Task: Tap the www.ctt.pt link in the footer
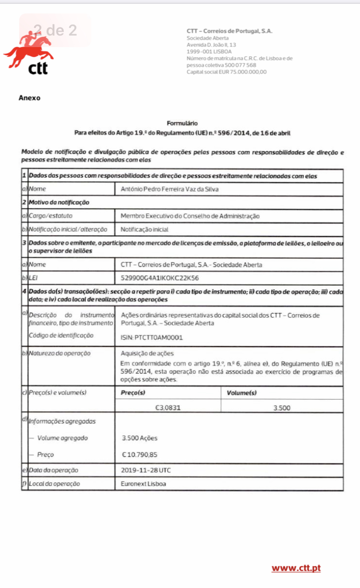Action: (x=296, y=568)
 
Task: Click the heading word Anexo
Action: (x=29, y=98)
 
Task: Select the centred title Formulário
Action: (x=182, y=123)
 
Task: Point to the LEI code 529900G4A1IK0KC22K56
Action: (x=160, y=278)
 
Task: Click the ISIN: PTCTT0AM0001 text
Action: (x=152, y=338)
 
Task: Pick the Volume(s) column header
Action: (x=241, y=393)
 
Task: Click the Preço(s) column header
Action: (x=133, y=393)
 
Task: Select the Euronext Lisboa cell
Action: (x=144, y=484)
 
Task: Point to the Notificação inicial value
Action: (x=144, y=230)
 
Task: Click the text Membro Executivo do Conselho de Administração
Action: (x=190, y=216)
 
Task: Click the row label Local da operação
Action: (x=54, y=484)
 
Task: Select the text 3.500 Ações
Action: (x=140, y=438)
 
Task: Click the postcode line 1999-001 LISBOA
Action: (x=209, y=51)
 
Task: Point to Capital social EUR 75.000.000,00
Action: (x=226, y=72)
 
